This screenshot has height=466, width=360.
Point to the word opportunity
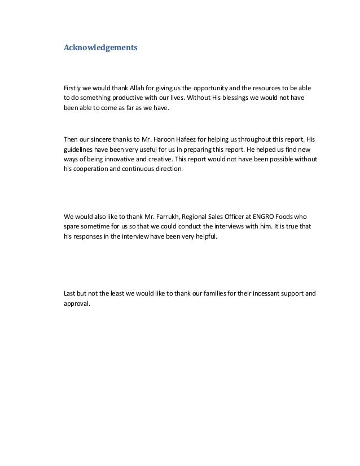coord(210,89)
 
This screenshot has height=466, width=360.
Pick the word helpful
coord(204,237)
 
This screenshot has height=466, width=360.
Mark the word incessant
coord(269,293)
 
